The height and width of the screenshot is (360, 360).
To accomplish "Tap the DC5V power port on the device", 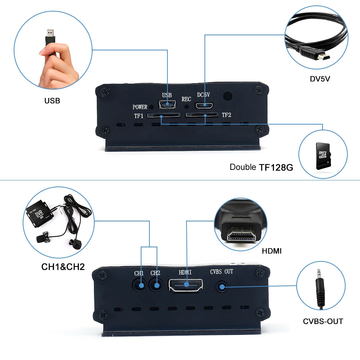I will (205, 105).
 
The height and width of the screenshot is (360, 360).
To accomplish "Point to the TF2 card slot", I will (202, 116).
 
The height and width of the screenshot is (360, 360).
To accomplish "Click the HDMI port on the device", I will (186, 285).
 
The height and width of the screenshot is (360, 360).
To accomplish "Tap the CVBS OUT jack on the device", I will (222, 287).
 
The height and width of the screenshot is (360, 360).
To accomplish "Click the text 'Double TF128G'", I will (261, 167).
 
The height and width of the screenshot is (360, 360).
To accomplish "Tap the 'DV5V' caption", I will (320, 78).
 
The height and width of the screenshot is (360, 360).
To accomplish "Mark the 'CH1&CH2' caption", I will (63, 267).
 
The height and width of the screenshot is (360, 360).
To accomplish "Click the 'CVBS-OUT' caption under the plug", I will (323, 321).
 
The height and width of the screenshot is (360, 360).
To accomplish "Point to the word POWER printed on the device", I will (140, 107).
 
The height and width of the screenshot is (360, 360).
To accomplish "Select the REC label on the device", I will (186, 99).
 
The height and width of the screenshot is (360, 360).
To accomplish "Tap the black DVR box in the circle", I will (39, 215).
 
